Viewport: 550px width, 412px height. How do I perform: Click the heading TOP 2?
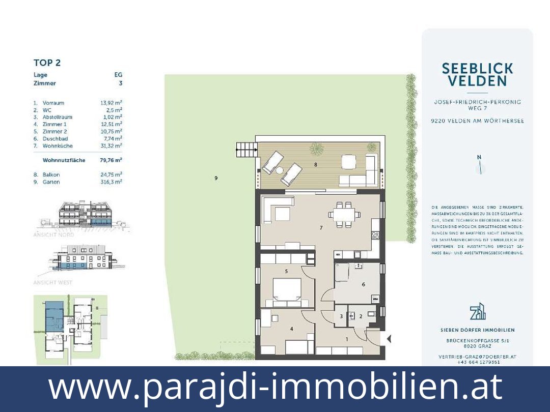47,63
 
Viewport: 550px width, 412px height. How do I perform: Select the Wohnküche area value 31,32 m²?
111,146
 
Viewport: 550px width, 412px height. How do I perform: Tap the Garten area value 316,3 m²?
111,182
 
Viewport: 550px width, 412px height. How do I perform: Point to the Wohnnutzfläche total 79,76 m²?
111,160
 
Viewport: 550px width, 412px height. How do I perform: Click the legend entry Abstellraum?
57,117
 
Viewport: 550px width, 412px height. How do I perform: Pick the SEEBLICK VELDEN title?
477,74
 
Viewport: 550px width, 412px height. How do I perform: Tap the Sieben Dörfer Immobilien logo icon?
477,311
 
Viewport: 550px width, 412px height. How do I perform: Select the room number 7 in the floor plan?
321,228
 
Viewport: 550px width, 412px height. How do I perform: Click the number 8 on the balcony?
316,165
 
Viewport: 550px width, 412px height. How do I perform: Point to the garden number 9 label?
216,179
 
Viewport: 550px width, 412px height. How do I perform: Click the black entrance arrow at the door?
389,338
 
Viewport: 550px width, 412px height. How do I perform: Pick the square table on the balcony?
348,161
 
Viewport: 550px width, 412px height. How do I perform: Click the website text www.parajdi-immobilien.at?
275,388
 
